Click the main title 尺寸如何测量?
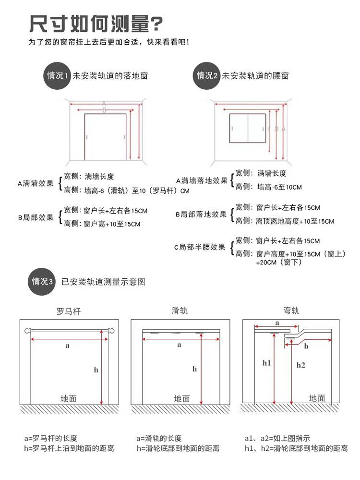pos(96,23)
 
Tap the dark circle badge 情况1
pos(57,75)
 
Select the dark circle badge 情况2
pos(207,75)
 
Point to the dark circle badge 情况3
pos(42,281)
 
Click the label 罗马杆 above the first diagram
pos(69,311)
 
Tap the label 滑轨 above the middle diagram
pos(180,311)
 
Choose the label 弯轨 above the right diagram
pos(291,311)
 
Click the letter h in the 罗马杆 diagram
pos(96,369)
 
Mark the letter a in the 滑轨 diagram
pos(179,345)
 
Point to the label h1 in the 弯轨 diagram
pos(267,363)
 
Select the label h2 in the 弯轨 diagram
pos(300,365)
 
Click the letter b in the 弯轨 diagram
pos(306,346)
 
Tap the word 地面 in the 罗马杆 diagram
pos(69,398)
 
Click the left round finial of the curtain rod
pos(27,331)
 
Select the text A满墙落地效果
pos(202,181)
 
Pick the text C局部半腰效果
pos(199,247)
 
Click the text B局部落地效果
pos(201,214)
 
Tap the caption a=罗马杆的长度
pos(50,438)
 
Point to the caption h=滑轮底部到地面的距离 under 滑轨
pos(178,448)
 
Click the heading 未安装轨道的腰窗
pos(255,76)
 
